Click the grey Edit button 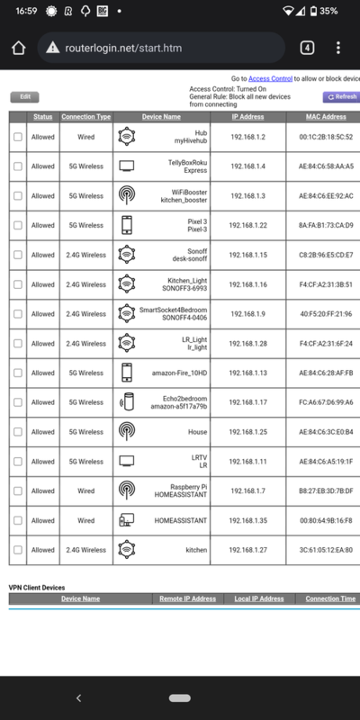[25, 97]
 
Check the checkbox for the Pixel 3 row [18, 224]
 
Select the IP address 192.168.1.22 [248, 224]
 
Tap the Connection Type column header [86, 117]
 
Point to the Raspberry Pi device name [176, 487]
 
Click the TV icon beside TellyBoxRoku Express [127, 166]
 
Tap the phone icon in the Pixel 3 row [127, 224]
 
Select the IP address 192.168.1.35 [248, 520]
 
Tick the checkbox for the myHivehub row [18, 137]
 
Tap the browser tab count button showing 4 [306, 48]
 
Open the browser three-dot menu [338, 48]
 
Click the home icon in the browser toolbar [17, 48]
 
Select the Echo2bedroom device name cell [176, 402]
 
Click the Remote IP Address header [186, 598]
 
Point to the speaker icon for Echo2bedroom [127, 402]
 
